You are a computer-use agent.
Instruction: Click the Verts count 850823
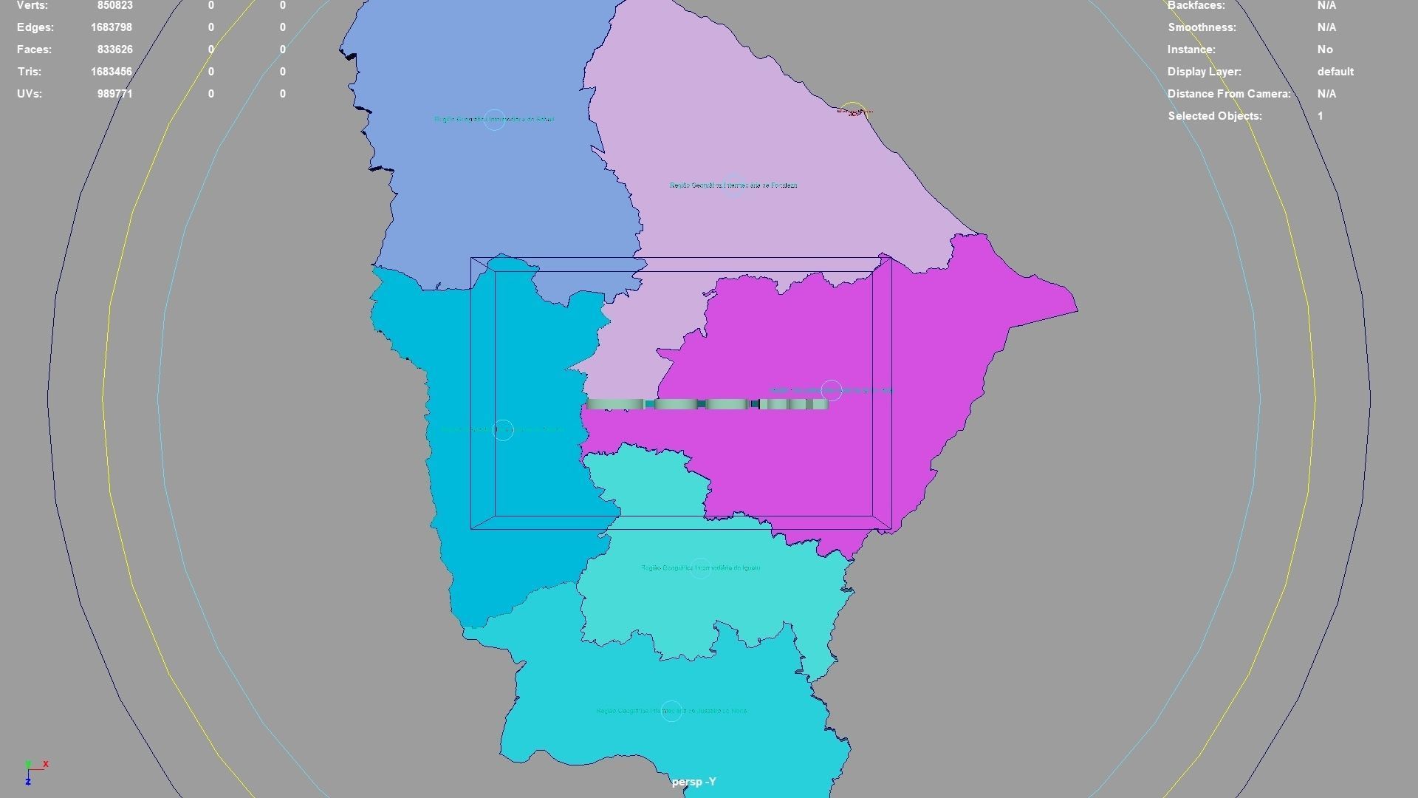[x=114, y=5]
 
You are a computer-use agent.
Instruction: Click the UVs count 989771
[x=114, y=94]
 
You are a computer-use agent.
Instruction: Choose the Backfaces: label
[x=1196, y=5]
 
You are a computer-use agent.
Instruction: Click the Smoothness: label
[x=1202, y=27]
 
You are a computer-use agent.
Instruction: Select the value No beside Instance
[x=1325, y=50]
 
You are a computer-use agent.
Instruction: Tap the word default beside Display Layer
[x=1335, y=72]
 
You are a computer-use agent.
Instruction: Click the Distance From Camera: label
[x=1229, y=94]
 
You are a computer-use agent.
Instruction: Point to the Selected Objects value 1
[x=1321, y=116]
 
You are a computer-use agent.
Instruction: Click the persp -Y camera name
[x=693, y=782]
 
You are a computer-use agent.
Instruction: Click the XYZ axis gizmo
[x=34, y=772]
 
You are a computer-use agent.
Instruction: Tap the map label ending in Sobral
[x=494, y=119]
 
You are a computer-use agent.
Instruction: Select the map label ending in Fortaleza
[x=733, y=185]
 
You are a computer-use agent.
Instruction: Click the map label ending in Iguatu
[x=700, y=568]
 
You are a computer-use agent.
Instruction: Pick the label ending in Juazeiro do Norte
[x=671, y=711]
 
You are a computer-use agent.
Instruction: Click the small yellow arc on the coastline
[x=853, y=106]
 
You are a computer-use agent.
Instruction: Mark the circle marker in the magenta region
[x=831, y=390]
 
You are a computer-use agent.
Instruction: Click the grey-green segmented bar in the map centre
[x=707, y=404]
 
